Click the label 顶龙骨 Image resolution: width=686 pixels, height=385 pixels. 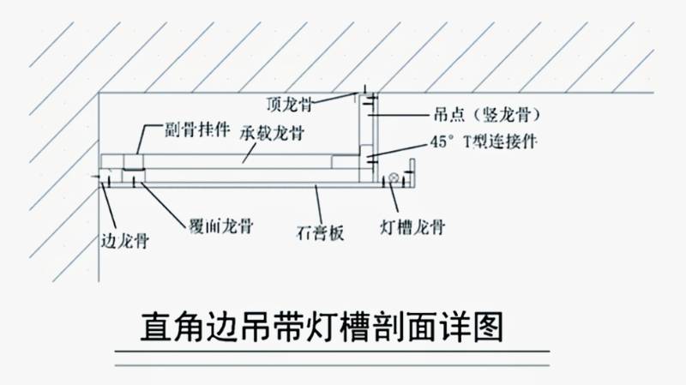288,105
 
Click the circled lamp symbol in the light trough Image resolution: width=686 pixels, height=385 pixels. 393,179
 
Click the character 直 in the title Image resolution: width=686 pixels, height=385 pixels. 157,328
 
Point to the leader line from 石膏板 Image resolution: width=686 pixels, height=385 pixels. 318,204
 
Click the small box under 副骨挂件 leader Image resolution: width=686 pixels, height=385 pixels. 134,163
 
